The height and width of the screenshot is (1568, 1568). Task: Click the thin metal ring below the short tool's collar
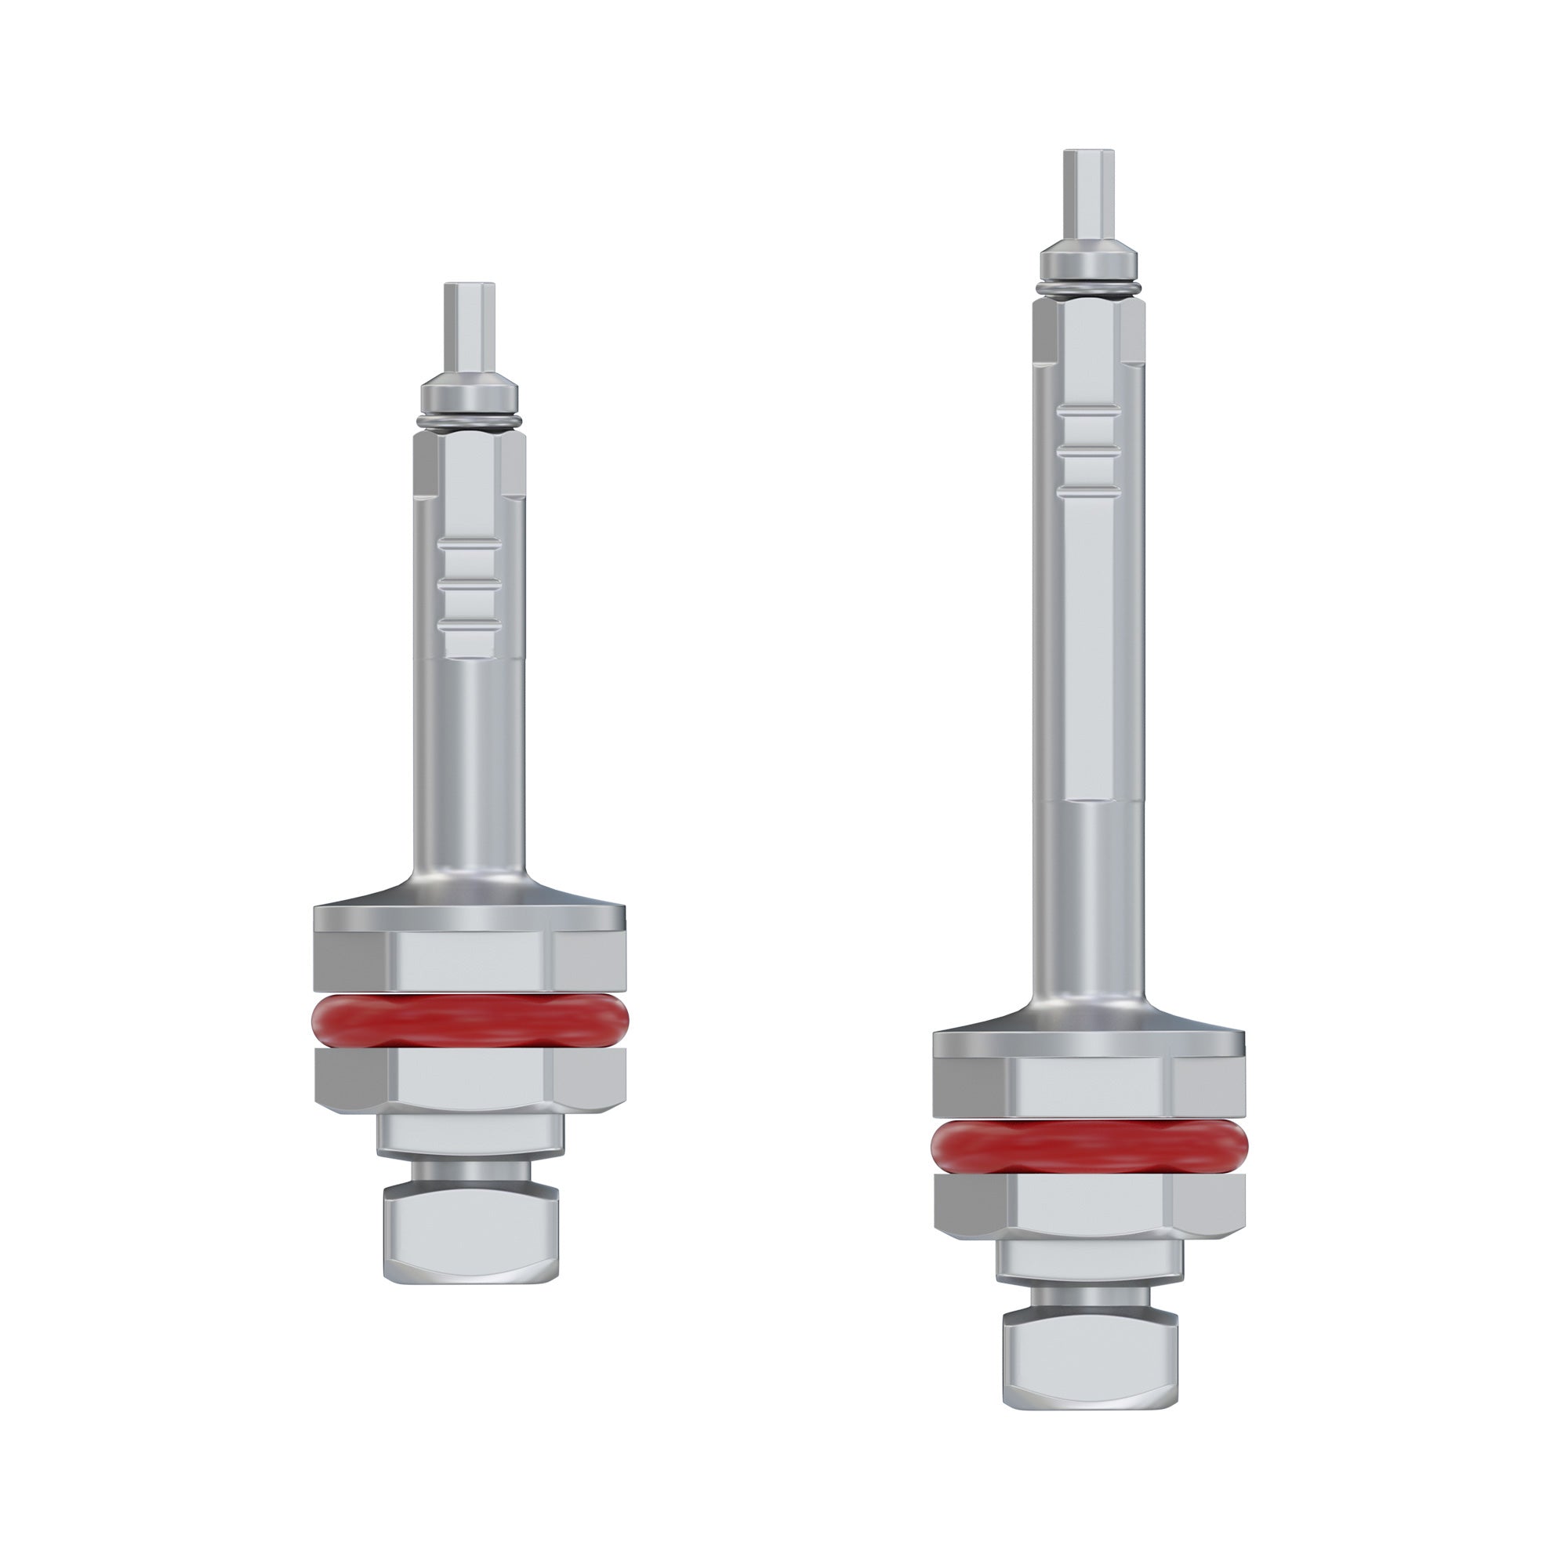coord(469,419)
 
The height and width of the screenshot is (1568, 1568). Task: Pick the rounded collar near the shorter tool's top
coord(469,394)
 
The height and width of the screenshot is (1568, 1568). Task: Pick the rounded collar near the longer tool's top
coord(1088,260)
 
